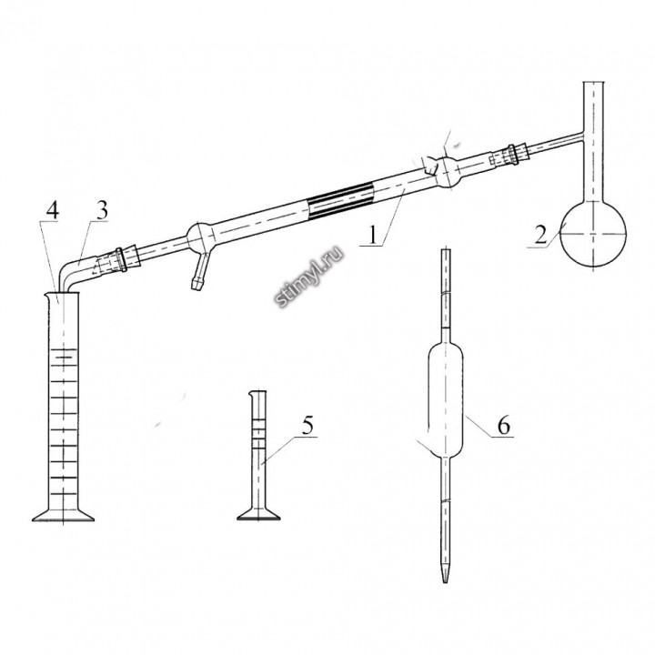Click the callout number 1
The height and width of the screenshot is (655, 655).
coord(373,236)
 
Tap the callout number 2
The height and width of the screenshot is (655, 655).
coord(540,236)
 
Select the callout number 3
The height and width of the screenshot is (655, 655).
coord(102,210)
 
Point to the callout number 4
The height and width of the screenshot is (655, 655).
coord(52,210)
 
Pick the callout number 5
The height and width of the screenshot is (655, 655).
coord(307,426)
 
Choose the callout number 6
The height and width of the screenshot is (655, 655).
coord(504,426)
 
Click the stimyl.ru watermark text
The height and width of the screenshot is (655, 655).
coord(309,277)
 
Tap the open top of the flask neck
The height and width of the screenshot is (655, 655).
coord(593,82)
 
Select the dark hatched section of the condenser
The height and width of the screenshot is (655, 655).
coord(339,201)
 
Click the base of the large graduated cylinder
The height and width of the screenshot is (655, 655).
coord(63,515)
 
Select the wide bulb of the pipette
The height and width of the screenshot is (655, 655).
coord(445,400)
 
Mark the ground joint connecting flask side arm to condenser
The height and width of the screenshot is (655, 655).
coord(509,156)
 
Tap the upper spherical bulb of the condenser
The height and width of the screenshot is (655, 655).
coord(448,172)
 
